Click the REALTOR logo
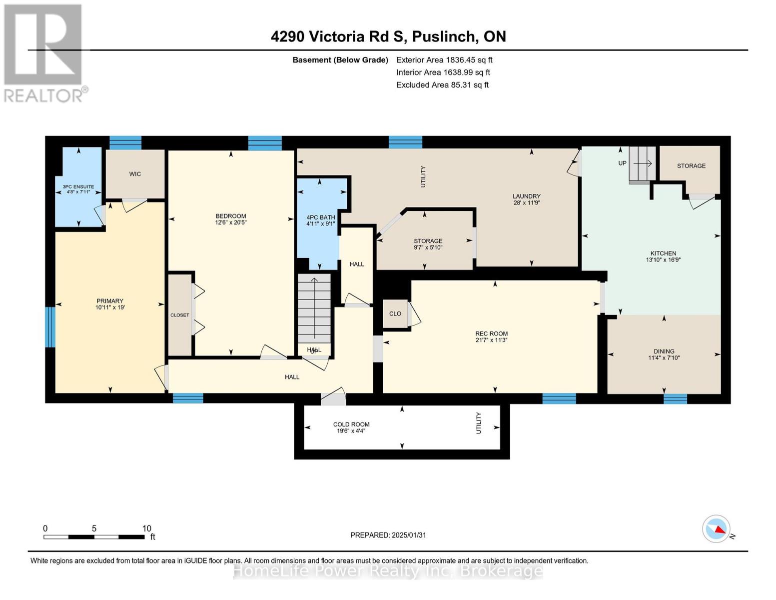point(44,53)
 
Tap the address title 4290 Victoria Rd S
point(388,36)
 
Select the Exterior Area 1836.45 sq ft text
point(444,60)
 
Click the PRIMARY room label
point(110,304)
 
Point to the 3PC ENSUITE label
point(78,189)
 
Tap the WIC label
point(135,174)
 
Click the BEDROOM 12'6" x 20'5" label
point(231,219)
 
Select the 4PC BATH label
point(321,220)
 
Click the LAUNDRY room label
point(527,199)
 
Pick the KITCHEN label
point(663,256)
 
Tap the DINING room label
point(664,354)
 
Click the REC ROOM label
point(491,336)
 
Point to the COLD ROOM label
point(351,427)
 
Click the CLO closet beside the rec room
point(395,313)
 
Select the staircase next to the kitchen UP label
point(642,163)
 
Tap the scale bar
point(94,537)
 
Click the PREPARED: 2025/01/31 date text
point(388,535)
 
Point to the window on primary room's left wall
point(50,327)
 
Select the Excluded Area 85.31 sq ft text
point(442,85)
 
